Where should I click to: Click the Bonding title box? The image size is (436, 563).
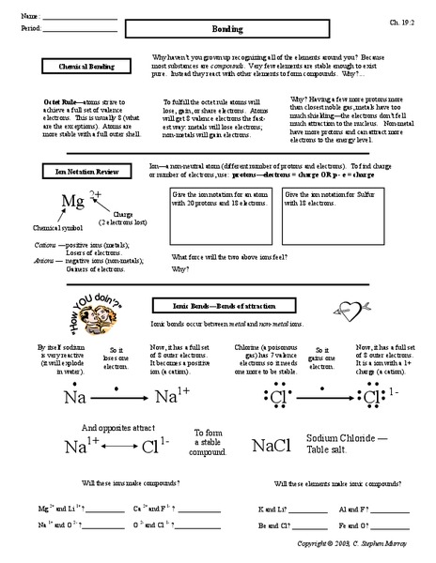pyautogui.click(x=232, y=30)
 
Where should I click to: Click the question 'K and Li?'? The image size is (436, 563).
pyautogui.click(x=272, y=508)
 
